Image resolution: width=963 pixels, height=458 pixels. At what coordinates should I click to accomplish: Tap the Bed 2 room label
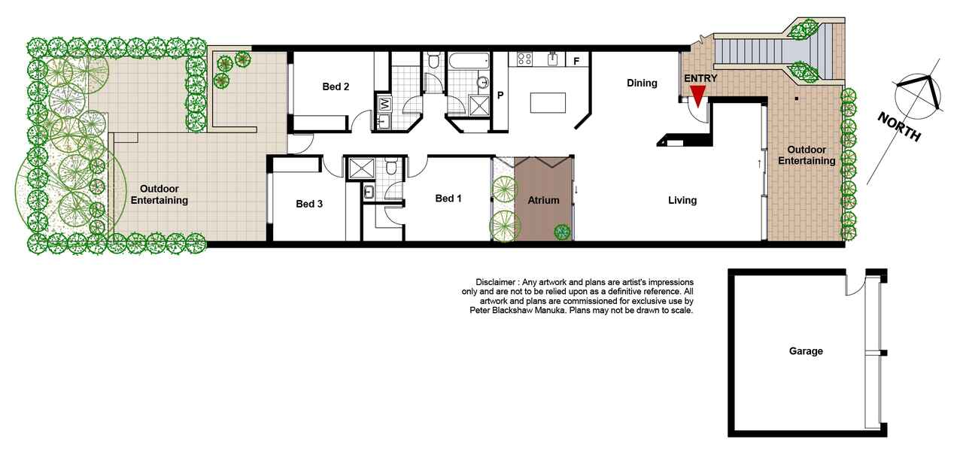(336, 86)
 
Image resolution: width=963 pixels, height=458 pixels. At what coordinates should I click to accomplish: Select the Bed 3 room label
(309, 204)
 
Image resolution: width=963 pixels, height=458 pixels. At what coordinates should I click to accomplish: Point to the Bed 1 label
(448, 199)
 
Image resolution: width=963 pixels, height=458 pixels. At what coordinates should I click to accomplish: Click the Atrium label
(543, 200)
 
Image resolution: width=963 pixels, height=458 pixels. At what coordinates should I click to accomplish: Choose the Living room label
(682, 200)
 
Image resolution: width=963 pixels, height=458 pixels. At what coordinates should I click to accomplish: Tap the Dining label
(642, 83)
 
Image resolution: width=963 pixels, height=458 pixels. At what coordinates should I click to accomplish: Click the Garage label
(806, 351)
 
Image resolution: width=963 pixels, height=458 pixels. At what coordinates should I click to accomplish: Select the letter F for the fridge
(576, 62)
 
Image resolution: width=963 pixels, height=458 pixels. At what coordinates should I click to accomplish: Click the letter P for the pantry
(500, 95)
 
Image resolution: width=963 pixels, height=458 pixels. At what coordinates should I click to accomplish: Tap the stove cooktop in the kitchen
(524, 59)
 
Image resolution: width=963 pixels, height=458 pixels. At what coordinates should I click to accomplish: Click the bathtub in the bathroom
(469, 61)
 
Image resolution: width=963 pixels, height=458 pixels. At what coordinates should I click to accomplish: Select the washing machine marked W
(384, 104)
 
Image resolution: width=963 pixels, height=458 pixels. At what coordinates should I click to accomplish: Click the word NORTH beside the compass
(899, 126)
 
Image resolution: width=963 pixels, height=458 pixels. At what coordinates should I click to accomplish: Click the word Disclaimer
(495, 282)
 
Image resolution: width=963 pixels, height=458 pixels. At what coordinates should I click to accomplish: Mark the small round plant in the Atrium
(562, 232)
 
